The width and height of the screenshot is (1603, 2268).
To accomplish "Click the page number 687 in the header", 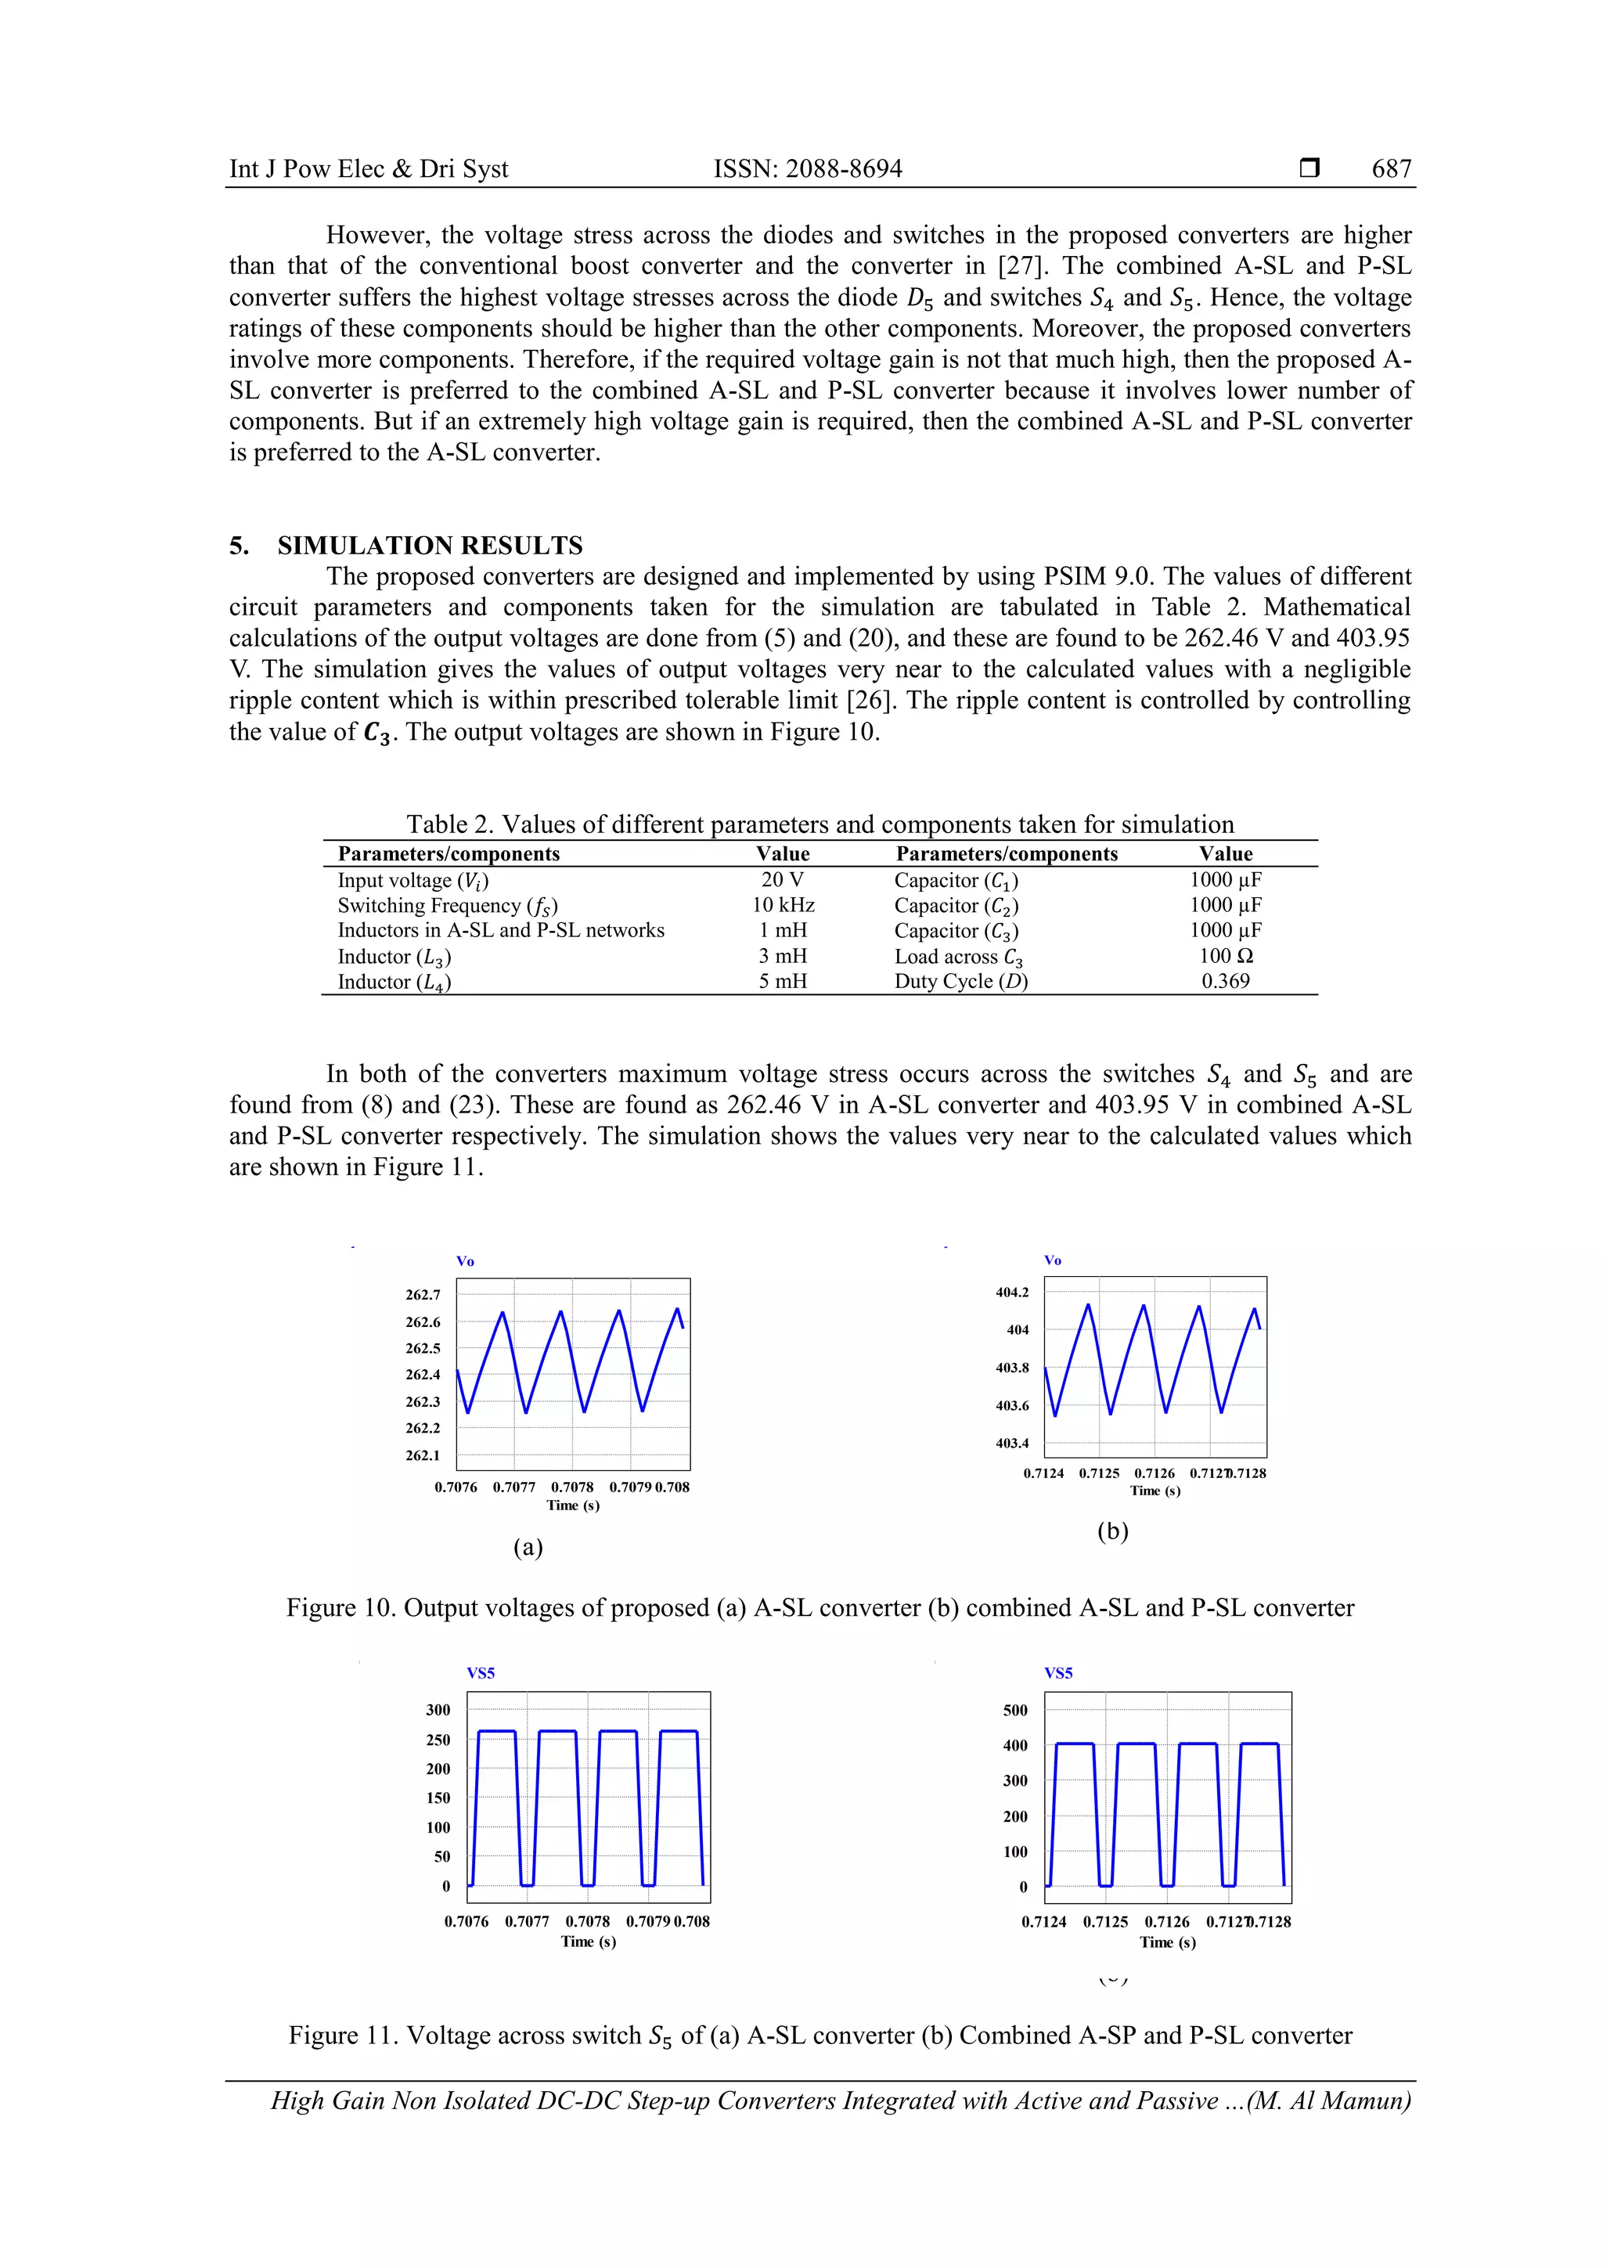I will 1391,169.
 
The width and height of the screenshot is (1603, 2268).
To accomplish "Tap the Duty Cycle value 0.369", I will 1225,981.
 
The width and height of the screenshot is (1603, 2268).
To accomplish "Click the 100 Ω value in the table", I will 1225,955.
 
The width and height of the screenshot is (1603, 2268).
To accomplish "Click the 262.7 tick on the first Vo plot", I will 423,1294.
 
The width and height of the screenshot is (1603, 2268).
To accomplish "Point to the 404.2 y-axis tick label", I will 1011,1292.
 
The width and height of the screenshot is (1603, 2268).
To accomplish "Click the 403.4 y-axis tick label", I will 1011,1443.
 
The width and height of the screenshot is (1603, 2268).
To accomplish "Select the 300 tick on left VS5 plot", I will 438,1710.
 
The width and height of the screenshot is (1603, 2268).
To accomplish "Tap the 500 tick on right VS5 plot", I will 1015,1710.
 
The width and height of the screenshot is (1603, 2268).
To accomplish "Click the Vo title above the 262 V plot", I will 464,1261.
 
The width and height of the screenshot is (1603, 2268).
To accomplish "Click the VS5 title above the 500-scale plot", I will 1057,1673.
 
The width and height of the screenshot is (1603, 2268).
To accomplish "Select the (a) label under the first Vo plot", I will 528,1547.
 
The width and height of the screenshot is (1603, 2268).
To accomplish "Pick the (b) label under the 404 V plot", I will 1112,1531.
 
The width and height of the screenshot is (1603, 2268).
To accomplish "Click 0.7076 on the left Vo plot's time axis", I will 456,1487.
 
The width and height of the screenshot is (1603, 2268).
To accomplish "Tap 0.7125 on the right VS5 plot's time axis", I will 1105,1921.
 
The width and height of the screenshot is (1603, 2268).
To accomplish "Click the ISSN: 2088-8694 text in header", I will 807,169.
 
